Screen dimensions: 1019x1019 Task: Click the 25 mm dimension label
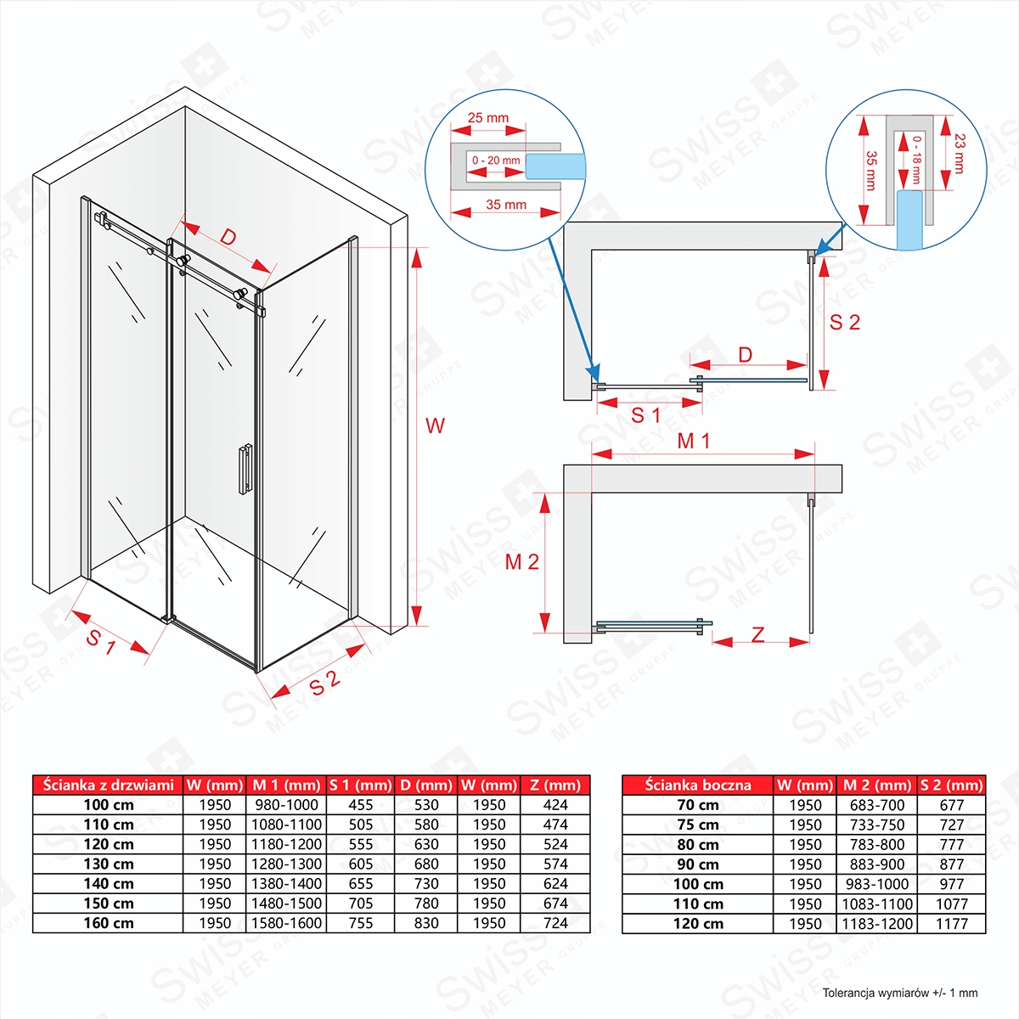click(x=488, y=118)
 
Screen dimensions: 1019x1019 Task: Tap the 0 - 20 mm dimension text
click(x=496, y=160)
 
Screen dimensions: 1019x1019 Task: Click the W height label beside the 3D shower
click(x=435, y=426)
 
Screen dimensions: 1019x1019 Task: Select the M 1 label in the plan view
click(x=694, y=442)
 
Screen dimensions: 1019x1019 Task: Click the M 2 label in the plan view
click(x=521, y=562)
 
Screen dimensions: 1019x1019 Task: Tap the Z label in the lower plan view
click(x=758, y=634)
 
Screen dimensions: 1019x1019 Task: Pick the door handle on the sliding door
click(x=245, y=468)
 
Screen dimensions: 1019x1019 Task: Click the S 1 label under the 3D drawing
click(x=101, y=643)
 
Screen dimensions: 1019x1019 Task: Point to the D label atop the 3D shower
click(x=228, y=237)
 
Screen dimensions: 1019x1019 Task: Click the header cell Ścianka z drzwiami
click(x=109, y=785)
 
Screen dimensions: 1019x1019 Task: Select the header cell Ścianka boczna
click(x=698, y=785)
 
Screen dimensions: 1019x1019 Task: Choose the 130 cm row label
click(x=109, y=864)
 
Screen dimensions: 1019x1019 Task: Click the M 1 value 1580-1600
click(x=287, y=923)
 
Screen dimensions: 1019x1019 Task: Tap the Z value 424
click(x=555, y=804)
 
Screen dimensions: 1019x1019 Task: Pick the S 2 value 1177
click(x=952, y=924)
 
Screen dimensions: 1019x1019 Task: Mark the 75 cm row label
click(x=698, y=825)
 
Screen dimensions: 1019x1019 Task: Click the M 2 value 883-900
click(x=877, y=864)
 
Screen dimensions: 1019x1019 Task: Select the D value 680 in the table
click(x=426, y=864)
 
